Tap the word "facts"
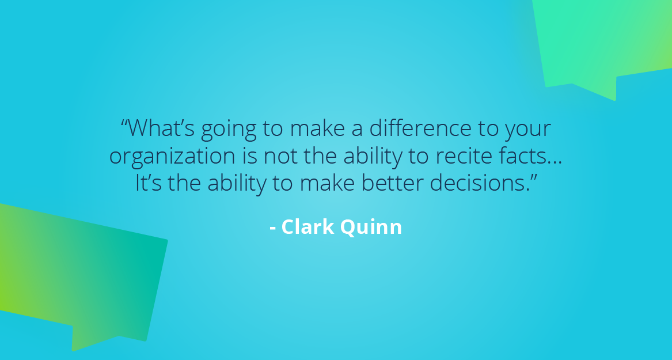pos(517,156)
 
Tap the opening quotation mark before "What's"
pos(124,123)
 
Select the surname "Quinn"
pos(371,228)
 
